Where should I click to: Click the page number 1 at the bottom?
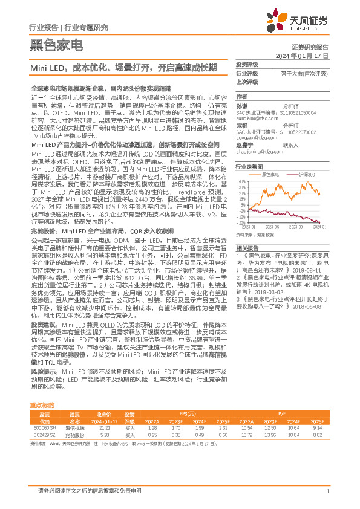tap(327, 491)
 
